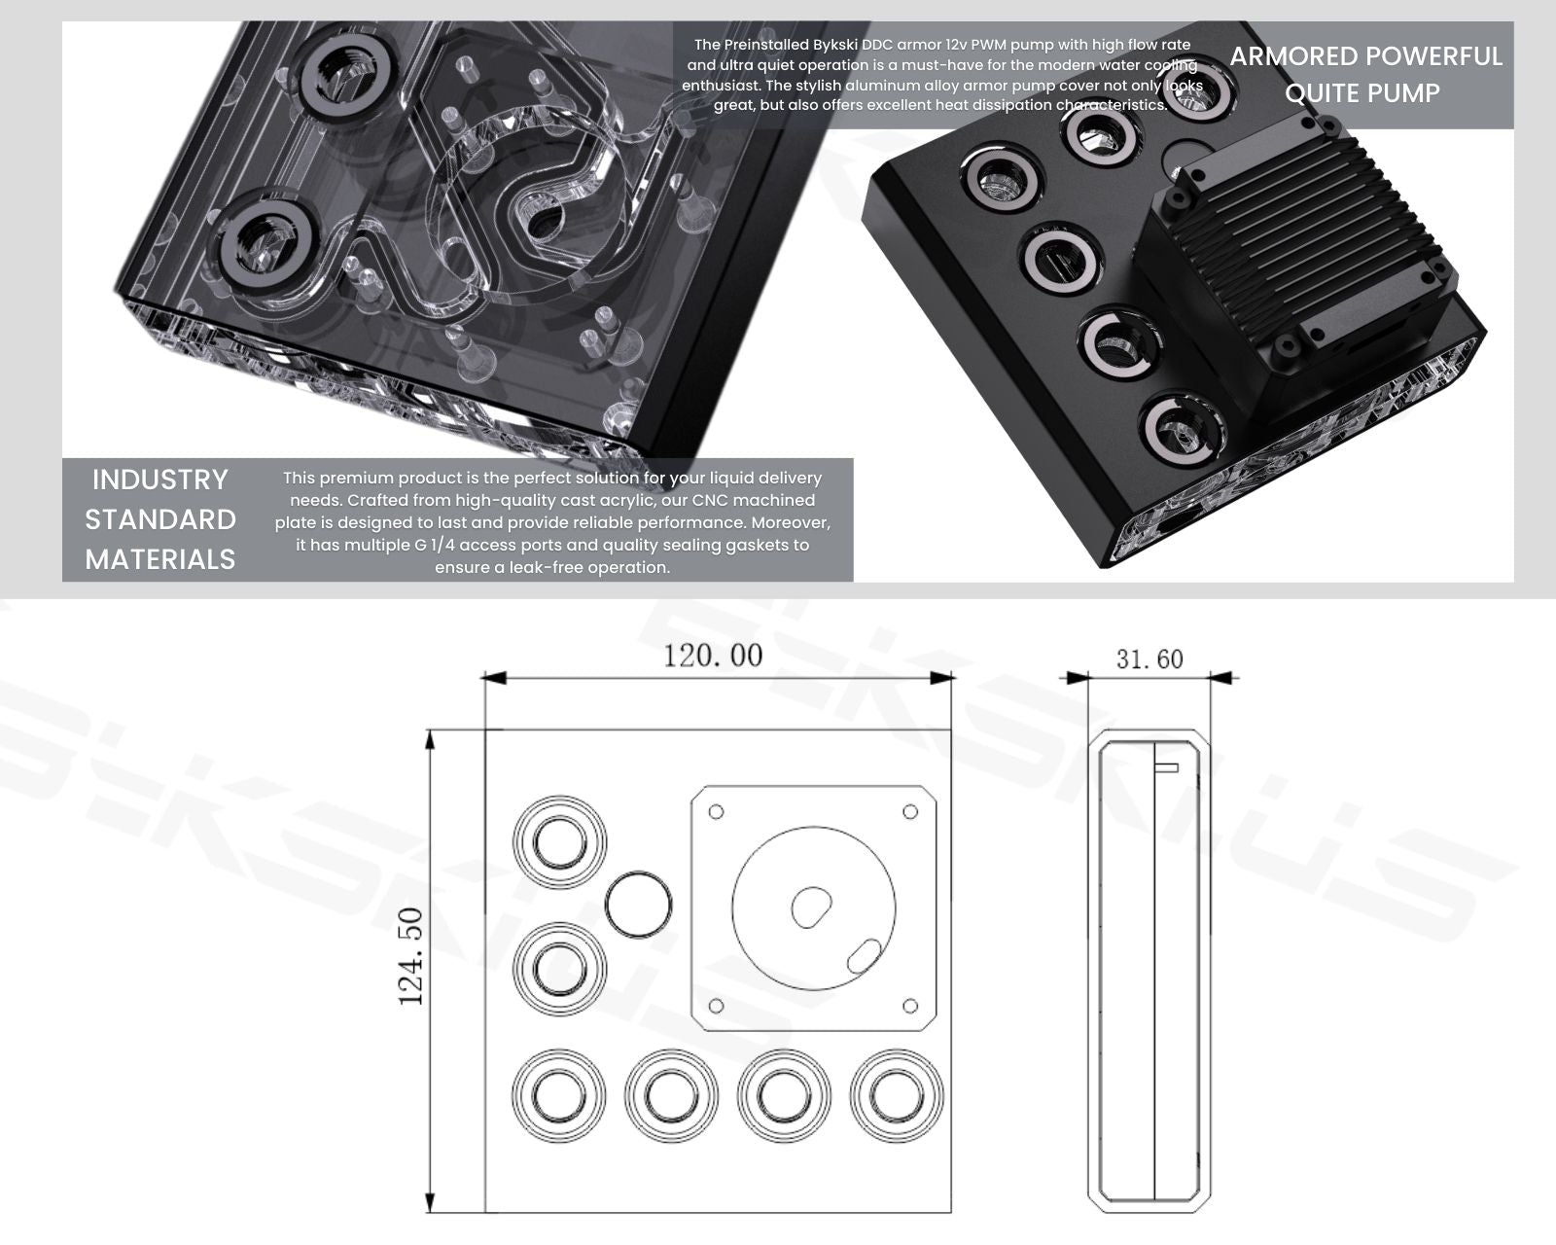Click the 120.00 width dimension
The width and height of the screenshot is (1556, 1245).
713,656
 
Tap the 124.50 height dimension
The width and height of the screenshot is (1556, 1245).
410,956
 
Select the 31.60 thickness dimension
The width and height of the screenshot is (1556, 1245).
1149,659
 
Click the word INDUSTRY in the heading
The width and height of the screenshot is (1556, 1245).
159,480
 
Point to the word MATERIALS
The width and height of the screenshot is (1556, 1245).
159,559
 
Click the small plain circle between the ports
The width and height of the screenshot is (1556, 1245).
638,904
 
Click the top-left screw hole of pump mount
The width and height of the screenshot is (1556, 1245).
717,811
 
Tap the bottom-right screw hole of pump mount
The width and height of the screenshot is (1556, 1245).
910,1005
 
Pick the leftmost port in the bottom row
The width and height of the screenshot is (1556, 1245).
559,1095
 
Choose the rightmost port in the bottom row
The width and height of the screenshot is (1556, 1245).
896,1095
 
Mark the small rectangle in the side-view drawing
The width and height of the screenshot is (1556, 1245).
1166,767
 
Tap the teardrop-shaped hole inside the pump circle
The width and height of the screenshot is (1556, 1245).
810,907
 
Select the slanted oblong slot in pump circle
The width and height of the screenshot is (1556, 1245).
865,955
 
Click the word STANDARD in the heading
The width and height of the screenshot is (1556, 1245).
159,519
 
